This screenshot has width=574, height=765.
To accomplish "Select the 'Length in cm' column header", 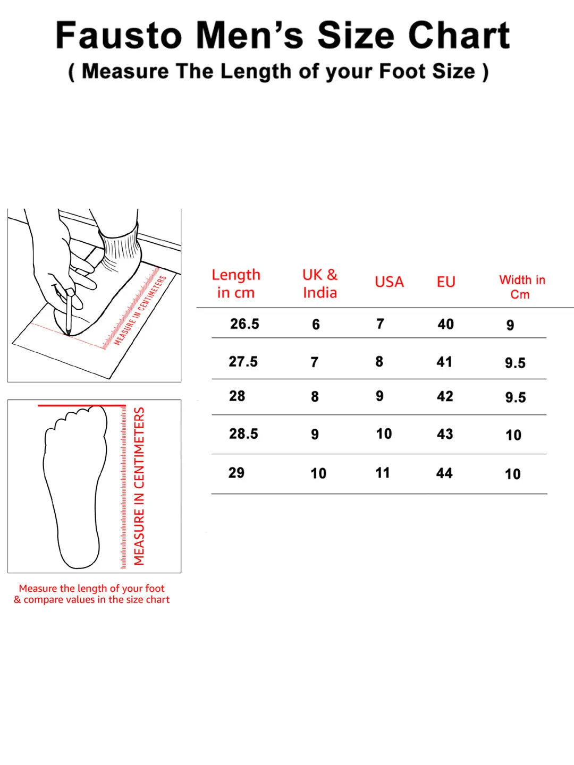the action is (236, 284).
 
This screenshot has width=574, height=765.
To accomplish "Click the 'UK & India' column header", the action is (320, 284).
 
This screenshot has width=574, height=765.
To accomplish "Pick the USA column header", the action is (389, 282).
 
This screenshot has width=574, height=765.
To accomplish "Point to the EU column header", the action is (446, 282).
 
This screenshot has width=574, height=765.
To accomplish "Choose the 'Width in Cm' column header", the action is (522, 287).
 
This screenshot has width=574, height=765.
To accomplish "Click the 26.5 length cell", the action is (244, 324).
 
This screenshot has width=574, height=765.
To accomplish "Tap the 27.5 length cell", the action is (243, 361).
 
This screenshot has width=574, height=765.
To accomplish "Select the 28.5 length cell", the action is (243, 433).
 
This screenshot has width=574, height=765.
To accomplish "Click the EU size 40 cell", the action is (446, 324).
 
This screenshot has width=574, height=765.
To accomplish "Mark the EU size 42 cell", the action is (445, 396).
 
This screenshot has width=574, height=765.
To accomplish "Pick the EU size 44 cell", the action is (444, 473).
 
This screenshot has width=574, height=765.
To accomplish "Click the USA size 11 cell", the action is (382, 473).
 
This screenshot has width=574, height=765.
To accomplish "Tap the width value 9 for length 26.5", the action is (510, 325).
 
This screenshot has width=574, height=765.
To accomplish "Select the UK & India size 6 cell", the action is (316, 325).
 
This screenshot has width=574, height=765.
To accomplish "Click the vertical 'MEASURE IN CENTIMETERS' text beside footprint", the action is (139, 486).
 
